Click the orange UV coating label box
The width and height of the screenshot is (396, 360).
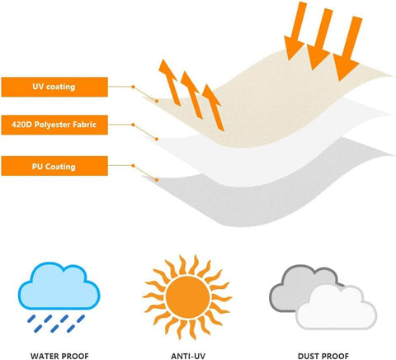point(54,87)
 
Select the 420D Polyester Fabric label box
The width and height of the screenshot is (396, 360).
point(54,125)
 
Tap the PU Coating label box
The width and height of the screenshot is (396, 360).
point(54,166)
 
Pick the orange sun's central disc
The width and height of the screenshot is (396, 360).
point(188,297)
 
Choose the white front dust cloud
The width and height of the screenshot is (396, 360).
point(337,308)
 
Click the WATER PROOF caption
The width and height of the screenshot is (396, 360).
point(59,356)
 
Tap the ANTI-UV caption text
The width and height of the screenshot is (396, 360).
point(188,356)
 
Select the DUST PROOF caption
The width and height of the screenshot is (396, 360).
point(323,356)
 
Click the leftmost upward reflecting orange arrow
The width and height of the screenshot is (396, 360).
point(169,82)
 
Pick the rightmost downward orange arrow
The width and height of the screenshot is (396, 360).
point(348,48)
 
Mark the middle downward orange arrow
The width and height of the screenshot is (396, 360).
point(320,39)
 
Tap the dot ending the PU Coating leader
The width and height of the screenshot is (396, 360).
point(157,180)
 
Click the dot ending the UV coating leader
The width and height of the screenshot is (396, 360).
point(157,101)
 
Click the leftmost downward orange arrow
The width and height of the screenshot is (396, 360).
point(295,31)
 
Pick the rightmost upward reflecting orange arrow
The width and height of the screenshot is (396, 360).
point(213,107)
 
